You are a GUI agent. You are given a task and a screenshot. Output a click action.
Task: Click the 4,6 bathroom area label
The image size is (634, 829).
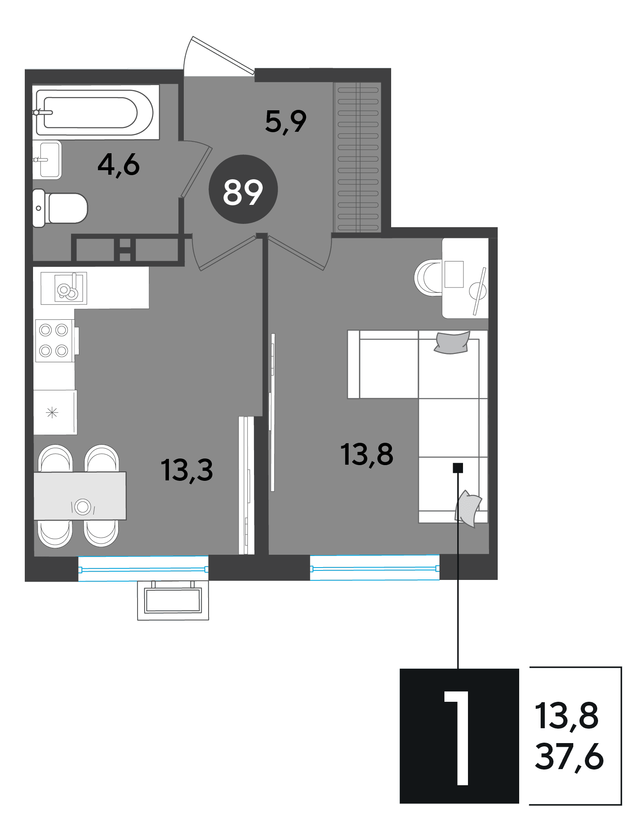tap(119, 165)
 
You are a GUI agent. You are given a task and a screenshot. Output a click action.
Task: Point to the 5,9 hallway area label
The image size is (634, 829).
tap(286, 122)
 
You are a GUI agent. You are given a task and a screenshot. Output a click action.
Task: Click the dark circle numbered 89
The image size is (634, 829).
tap(243, 189)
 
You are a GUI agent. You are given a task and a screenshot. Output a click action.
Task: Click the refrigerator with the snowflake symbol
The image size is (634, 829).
tap(55, 412)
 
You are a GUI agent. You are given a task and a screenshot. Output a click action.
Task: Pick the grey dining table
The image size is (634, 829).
tap(80, 496)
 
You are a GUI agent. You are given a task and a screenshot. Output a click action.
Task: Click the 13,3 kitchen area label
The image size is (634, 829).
tap(187, 470)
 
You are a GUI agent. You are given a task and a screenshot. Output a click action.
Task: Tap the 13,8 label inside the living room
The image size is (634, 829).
tap(367, 454)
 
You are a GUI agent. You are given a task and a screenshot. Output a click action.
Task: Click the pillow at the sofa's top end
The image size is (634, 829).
tap(452, 343)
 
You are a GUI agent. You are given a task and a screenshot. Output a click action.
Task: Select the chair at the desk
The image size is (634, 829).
tap(429, 278)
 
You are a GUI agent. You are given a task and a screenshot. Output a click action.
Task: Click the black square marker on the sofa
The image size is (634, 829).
tap(458, 468)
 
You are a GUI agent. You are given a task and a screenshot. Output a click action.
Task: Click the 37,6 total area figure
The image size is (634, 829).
tap(569, 757)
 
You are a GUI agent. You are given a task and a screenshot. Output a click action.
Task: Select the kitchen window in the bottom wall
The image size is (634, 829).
tap(143, 569)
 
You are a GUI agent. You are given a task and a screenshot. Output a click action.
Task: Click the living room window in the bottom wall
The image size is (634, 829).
tap(375, 568)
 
